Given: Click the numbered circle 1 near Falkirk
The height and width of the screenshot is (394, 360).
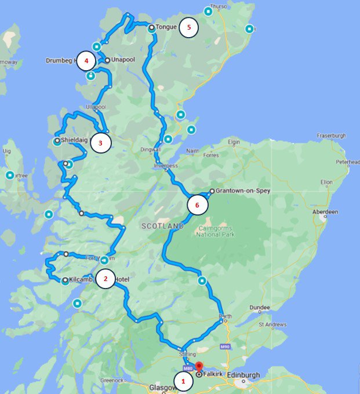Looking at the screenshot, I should click(x=183, y=381).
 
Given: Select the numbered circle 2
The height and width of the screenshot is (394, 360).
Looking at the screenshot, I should click(x=105, y=279).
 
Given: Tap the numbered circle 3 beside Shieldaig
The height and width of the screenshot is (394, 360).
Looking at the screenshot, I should click(x=100, y=143).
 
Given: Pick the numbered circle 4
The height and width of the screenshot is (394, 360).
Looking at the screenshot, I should click(x=86, y=60).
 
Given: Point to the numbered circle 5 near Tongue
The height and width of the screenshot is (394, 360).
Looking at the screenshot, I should click(x=188, y=27).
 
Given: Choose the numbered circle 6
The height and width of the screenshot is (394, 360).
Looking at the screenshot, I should click(x=197, y=205).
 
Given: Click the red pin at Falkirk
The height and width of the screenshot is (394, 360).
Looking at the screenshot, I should click(x=198, y=367).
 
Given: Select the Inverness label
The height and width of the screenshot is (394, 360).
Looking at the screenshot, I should click(x=166, y=165).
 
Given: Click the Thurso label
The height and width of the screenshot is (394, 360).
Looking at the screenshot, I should click(x=217, y=6).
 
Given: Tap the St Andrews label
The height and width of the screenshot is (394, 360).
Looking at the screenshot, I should click(x=273, y=324).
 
